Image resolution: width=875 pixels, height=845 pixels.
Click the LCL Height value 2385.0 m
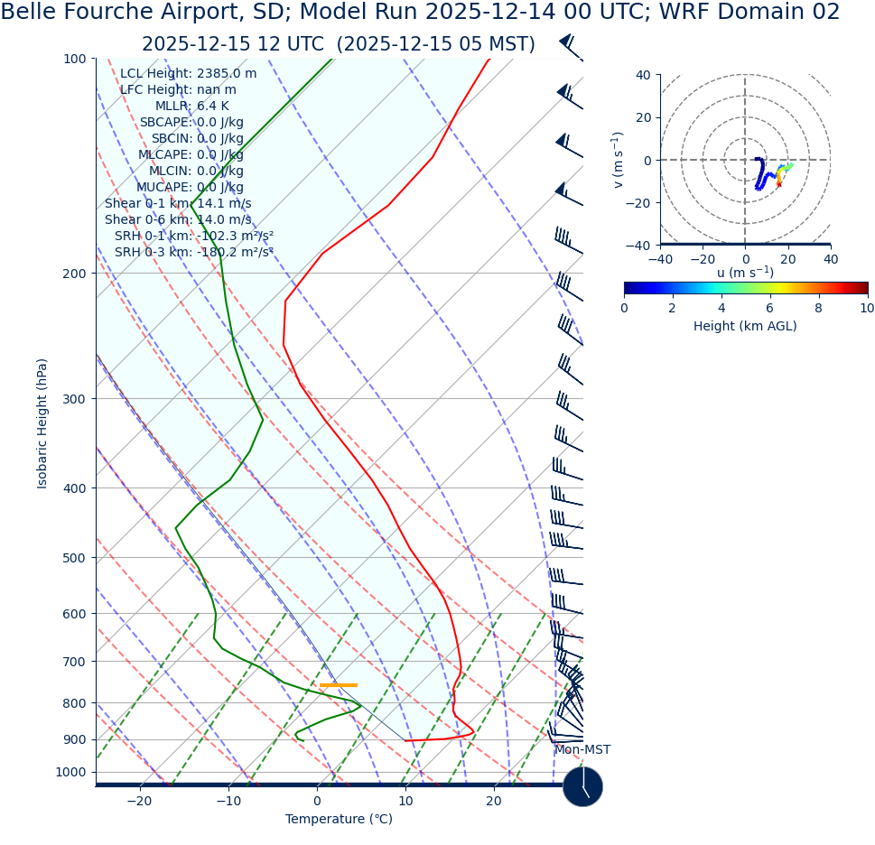pos(226,74)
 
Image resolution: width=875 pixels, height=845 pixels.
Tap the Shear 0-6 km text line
pos(178,220)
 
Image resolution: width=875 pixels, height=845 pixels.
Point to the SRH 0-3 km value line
pos(193,253)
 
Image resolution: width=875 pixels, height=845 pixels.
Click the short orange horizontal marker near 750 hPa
pos(338,685)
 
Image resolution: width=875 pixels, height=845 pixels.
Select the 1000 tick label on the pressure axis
pos(70,773)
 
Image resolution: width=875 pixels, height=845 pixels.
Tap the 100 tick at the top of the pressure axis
pos(74,60)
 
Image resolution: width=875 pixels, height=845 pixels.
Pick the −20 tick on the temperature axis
pos(139,802)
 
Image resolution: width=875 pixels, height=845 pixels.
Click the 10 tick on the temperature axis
pos(405,802)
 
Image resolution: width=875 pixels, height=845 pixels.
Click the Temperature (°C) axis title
pos(339,820)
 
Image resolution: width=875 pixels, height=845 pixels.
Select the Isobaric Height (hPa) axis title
pos(42,423)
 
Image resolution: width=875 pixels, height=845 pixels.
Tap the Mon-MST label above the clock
pos(582,750)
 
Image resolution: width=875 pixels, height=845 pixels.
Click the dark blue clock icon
pos(582,786)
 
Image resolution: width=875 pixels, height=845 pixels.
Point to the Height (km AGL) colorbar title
pos(745,326)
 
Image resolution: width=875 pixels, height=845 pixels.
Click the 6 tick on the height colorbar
pos(770,308)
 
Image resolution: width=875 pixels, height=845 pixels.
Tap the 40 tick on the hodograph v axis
pos(644,75)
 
